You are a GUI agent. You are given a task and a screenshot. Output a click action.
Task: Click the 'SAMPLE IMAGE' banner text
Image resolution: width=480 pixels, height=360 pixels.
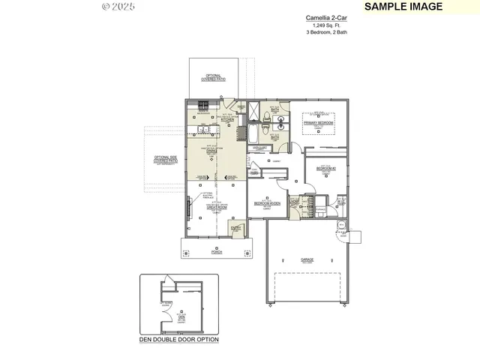coord(403,7)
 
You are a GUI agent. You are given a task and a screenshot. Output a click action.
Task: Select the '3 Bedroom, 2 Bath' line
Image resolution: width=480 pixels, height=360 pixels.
coord(325,32)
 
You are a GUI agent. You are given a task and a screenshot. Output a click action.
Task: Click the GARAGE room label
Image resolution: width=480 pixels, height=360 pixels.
coord(307,259)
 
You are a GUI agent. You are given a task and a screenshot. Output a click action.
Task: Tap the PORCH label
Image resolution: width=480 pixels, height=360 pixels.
coord(217,253)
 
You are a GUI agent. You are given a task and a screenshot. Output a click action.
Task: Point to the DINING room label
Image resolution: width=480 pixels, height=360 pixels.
coord(212,151)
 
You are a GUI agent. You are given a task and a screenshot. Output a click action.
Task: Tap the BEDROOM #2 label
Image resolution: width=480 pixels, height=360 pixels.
coord(325,169)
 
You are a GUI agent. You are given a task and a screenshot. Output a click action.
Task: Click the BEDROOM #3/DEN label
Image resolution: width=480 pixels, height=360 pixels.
coord(267,203)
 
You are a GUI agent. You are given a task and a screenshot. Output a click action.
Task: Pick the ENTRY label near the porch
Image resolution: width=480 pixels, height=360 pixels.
coord(236,228)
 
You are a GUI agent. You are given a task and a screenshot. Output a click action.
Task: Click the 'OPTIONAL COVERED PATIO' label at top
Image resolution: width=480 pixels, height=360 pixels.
coord(213,77)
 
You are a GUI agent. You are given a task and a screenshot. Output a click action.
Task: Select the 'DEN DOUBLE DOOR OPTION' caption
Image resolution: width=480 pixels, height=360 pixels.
coord(179,340)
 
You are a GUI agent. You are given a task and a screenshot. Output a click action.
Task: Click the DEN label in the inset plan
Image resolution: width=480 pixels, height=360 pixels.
coord(181,317)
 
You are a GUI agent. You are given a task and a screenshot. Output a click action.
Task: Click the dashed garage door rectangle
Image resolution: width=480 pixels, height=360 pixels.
coord(307,288)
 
